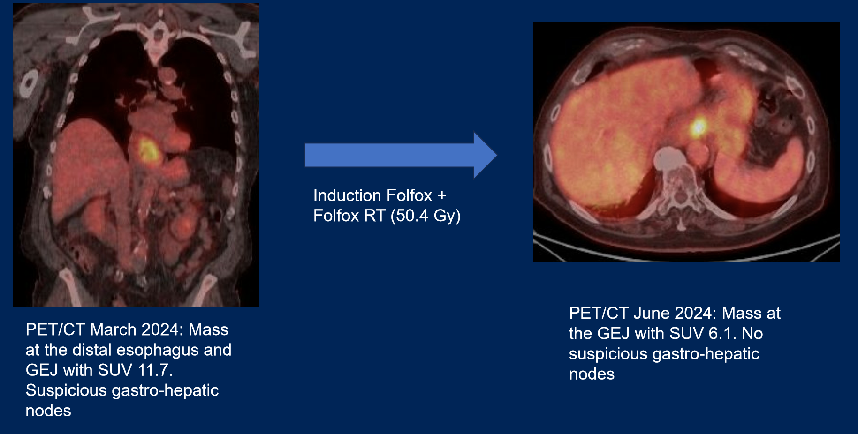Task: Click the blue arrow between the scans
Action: tap(401, 155)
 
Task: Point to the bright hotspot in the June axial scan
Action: tap(699, 126)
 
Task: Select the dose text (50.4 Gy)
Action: tap(425, 216)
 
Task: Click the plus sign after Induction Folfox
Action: tap(441, 195)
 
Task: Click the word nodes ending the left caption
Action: tap(48, 411)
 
